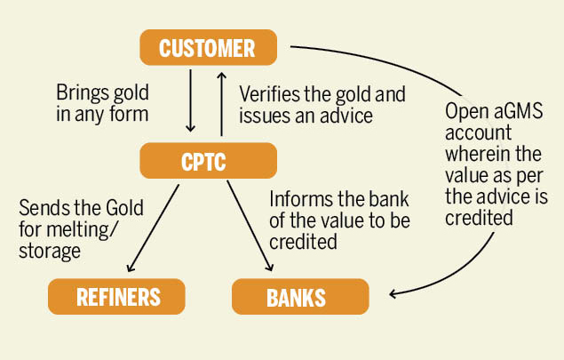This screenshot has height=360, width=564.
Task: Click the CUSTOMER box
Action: click(x=208, y=47)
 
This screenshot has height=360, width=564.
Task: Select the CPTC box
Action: click(x=208, y=161)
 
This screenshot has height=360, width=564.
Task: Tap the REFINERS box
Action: click(x=116, y=296)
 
